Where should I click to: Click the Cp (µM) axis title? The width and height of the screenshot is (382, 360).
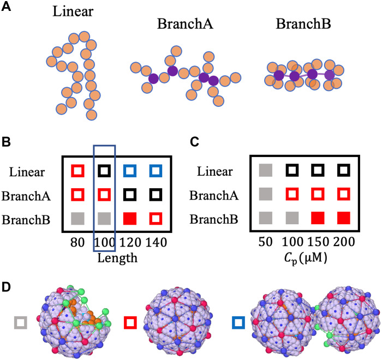point(307,253)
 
